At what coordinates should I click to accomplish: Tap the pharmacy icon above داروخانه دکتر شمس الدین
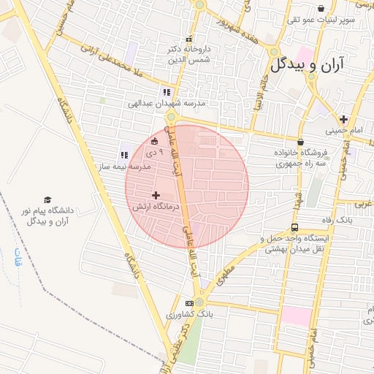pyautogui.click(x=188, y=39)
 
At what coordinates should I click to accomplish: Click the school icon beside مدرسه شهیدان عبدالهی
pyautogui.click(x=167, y=92)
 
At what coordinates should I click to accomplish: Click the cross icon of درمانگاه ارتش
pyautogui.click(x=155, y=195)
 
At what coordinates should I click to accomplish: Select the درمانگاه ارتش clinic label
pyautogui.click(x=148, y=207)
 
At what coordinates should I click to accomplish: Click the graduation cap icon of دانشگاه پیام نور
pyautogui.click(x=47, y=199)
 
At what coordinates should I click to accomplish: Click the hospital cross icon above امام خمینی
pyautogui.click(x=343, y=118)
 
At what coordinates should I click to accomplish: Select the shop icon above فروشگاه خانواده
pyautogui.click(x=300, y=142)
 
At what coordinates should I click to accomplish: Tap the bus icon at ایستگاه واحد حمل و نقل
pyautogui.click(x=294, y=227)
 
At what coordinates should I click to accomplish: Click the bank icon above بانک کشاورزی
pyautogui.click(x=189, y=303)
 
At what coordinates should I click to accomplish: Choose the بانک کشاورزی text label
pyautogui.click(x=186, y=315)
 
